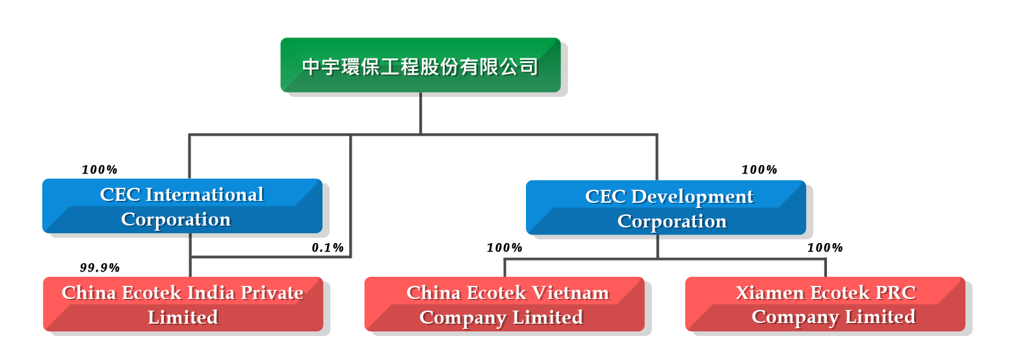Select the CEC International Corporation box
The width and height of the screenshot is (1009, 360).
[182, 206]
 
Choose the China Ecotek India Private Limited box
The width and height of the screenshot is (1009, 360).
[183, 304]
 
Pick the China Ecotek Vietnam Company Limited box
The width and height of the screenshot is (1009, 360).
[504, 304]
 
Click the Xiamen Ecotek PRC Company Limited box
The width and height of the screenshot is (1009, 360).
[825, 304]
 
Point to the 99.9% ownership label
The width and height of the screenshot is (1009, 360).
[99, 268]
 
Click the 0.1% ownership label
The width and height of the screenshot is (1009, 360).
[328, 248]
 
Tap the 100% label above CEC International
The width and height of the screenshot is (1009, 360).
[99, 170]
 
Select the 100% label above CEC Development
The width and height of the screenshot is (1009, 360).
[759, 170]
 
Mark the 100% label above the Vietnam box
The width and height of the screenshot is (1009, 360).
[504, 248]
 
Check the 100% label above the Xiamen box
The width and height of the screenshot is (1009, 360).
[825, 248]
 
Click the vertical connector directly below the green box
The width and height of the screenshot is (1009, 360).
[421, 114]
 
